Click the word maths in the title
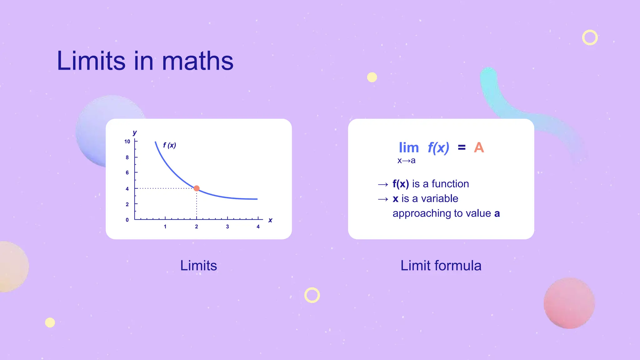tap(197, 61)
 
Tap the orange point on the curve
tap(197, 188)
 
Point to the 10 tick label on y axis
tap(127, 142)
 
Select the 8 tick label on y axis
tap(127, 157)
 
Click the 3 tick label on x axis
tap(227, 227)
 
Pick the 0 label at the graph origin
tap(127, 220)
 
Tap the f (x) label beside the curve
tap(170, 145)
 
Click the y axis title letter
tap(135, 132)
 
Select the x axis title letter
tap(270, 220)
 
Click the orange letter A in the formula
tap(479, 147)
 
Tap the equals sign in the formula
tap(462, 147)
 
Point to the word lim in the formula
tap(409, 147)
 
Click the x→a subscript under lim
tap(406, 161)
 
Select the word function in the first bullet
tap(450, 184)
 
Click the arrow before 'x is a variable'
tap(383, 199)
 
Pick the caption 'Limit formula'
tap(441, 266)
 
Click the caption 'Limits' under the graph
tap(198, 266)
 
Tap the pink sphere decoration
tap(569, 303)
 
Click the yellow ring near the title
tap(590, 37)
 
